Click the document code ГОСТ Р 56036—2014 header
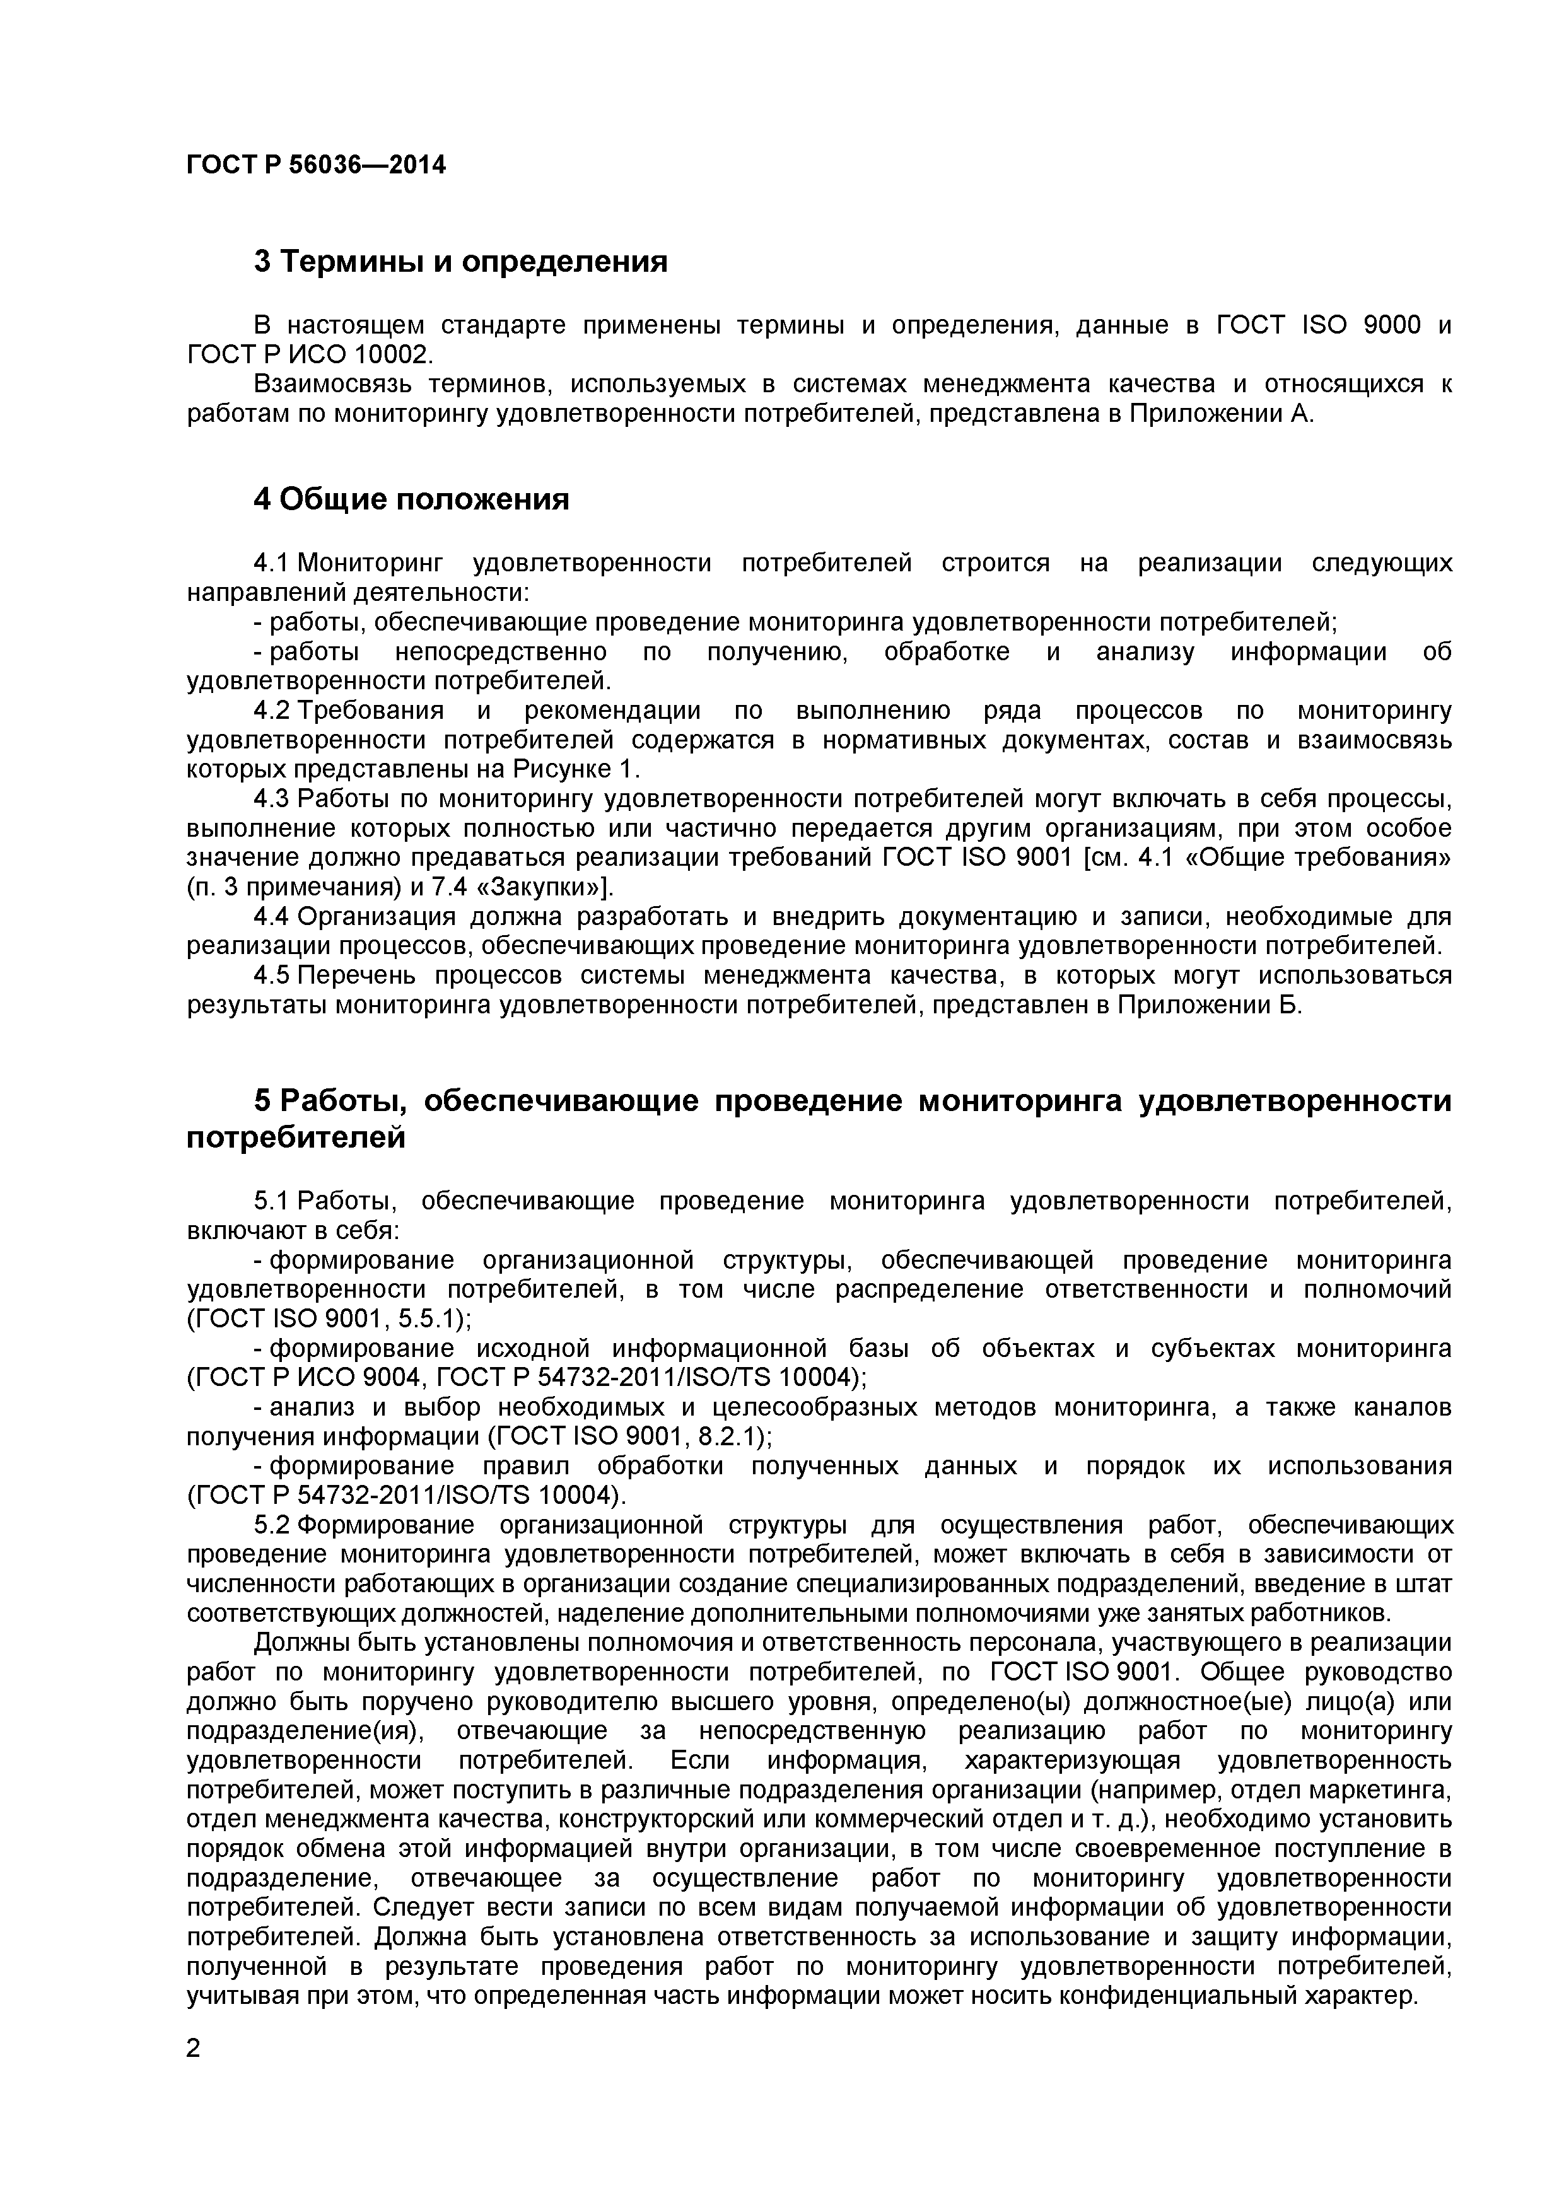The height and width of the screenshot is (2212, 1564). point(316,165)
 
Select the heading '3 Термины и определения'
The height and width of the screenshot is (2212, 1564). point(460,261)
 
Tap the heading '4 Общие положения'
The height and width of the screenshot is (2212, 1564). point(411,499)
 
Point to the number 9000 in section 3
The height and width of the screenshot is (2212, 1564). point(1392,325)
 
